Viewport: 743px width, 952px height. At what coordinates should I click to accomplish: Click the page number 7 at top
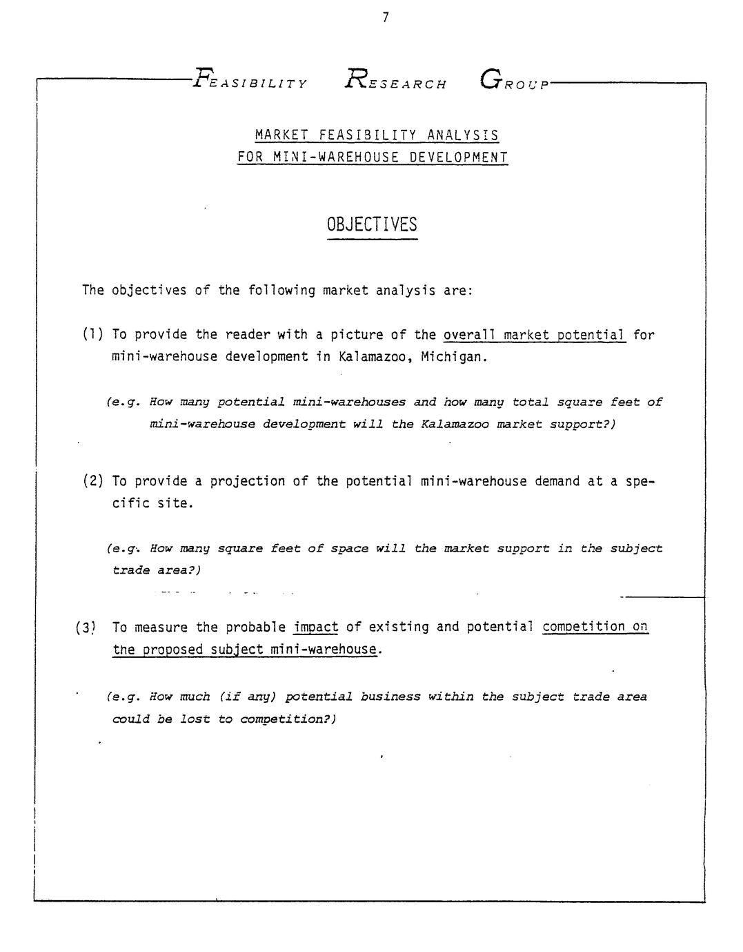tap(385, 18)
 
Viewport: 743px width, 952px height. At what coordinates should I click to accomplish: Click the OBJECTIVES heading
tap(372, 225)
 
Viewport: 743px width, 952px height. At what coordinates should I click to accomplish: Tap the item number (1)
tap(92, 335)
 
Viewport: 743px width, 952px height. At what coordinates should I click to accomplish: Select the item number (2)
tap(93, 481)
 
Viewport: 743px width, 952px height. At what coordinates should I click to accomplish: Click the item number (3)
tap(86, 628)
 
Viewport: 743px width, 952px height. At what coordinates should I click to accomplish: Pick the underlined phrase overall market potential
tap(534, 335)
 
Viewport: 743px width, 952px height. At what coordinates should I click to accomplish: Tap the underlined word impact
tap(316, 627)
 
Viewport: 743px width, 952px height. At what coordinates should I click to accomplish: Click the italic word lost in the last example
tap(196, 719)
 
